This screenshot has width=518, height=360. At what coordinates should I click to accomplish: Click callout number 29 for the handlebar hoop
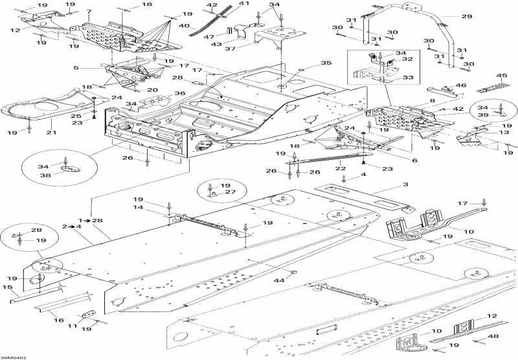click(x=467, y=16)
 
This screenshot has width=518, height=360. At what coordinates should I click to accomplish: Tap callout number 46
click(x=461, y=85)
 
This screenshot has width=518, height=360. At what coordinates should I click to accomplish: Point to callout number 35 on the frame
click(x=326, y=63)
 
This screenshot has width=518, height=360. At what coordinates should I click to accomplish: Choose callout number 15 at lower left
click(x=7, y=287)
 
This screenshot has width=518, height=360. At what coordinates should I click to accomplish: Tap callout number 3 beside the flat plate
click(x=406, y=185)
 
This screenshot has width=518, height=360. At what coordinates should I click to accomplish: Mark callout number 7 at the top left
click(x=89, y=12)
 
